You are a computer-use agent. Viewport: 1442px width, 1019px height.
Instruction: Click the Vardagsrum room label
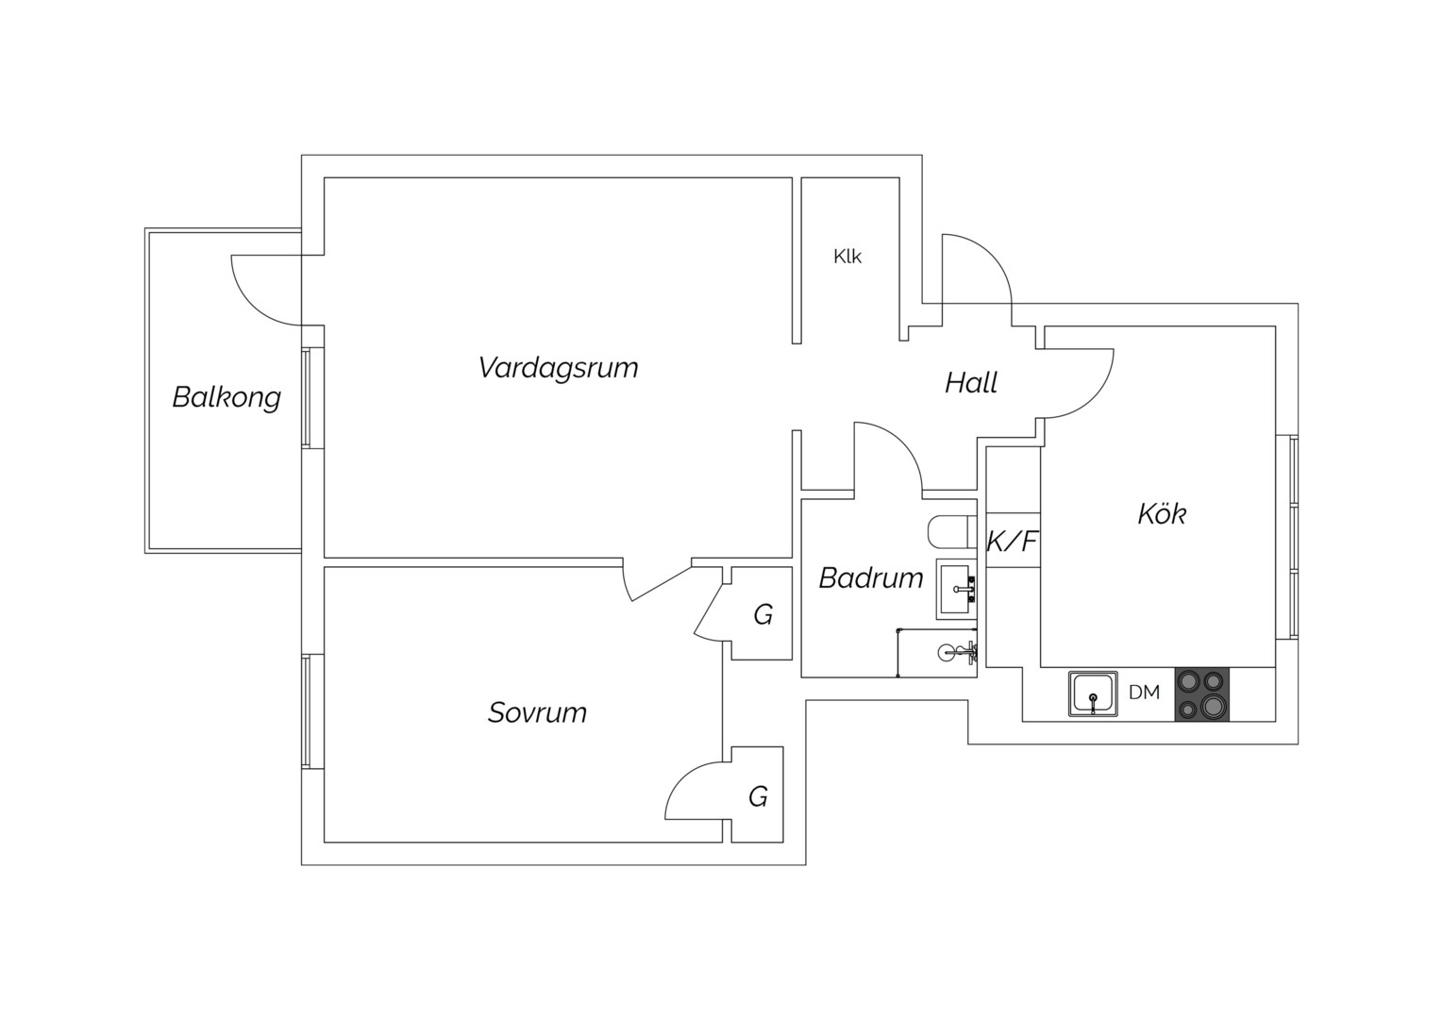558,368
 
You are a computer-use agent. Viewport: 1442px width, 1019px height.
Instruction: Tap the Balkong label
226,397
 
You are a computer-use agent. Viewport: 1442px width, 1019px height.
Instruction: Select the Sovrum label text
538,712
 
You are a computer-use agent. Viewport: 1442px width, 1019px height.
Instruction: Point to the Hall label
971,382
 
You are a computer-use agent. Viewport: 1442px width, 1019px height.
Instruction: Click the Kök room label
1162,513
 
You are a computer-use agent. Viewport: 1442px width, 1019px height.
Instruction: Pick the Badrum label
871,578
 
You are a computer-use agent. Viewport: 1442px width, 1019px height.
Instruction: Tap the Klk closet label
847,257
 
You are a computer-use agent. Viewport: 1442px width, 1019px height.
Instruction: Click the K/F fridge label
1013,542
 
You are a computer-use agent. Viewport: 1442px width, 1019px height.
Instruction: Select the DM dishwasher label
1144,692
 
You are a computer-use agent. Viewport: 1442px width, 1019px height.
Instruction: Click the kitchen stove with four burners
1202,693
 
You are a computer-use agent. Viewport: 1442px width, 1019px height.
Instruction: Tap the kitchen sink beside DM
1093,693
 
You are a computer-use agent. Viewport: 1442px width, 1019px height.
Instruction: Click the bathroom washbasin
957,590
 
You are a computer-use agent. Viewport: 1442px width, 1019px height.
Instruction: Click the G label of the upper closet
763,615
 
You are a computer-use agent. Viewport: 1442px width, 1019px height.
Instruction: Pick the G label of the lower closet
758,797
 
